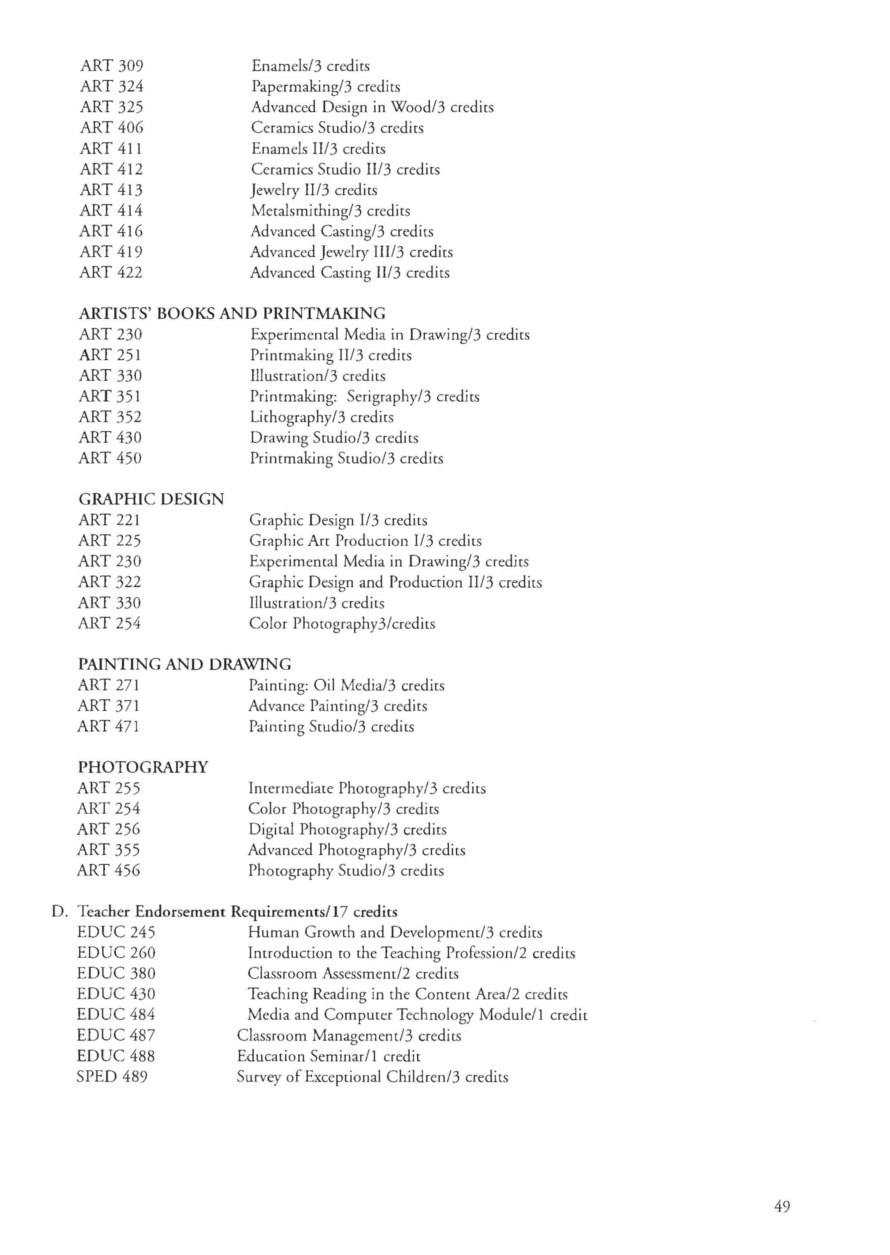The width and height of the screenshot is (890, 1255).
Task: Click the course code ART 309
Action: (x=112, y=66)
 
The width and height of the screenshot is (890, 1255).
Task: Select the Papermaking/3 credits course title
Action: (x=326, y=87)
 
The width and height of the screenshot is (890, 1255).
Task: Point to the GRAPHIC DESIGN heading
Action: (x=151, y=499)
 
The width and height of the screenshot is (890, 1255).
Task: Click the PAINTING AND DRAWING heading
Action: (x=185, y=664)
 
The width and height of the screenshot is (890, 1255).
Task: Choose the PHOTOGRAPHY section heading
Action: (x=143, y=767)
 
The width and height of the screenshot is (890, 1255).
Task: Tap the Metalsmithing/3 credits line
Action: (x=331, y=211)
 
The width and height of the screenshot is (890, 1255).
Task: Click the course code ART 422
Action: (x=111, y=272)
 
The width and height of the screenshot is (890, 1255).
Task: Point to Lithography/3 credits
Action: (x=321, y=417)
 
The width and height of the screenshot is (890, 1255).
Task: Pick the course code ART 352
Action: (x=110, y=417)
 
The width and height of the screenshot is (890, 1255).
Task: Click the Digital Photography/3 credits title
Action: (x=348, y=829)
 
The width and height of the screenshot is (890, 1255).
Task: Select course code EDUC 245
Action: (x=116, y=932)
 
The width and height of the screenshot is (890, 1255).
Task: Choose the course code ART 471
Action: (x=108, y=726)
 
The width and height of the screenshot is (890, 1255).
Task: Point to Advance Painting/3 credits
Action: (x=338, y=706)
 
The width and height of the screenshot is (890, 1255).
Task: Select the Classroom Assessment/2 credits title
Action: (x=353, y=973)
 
